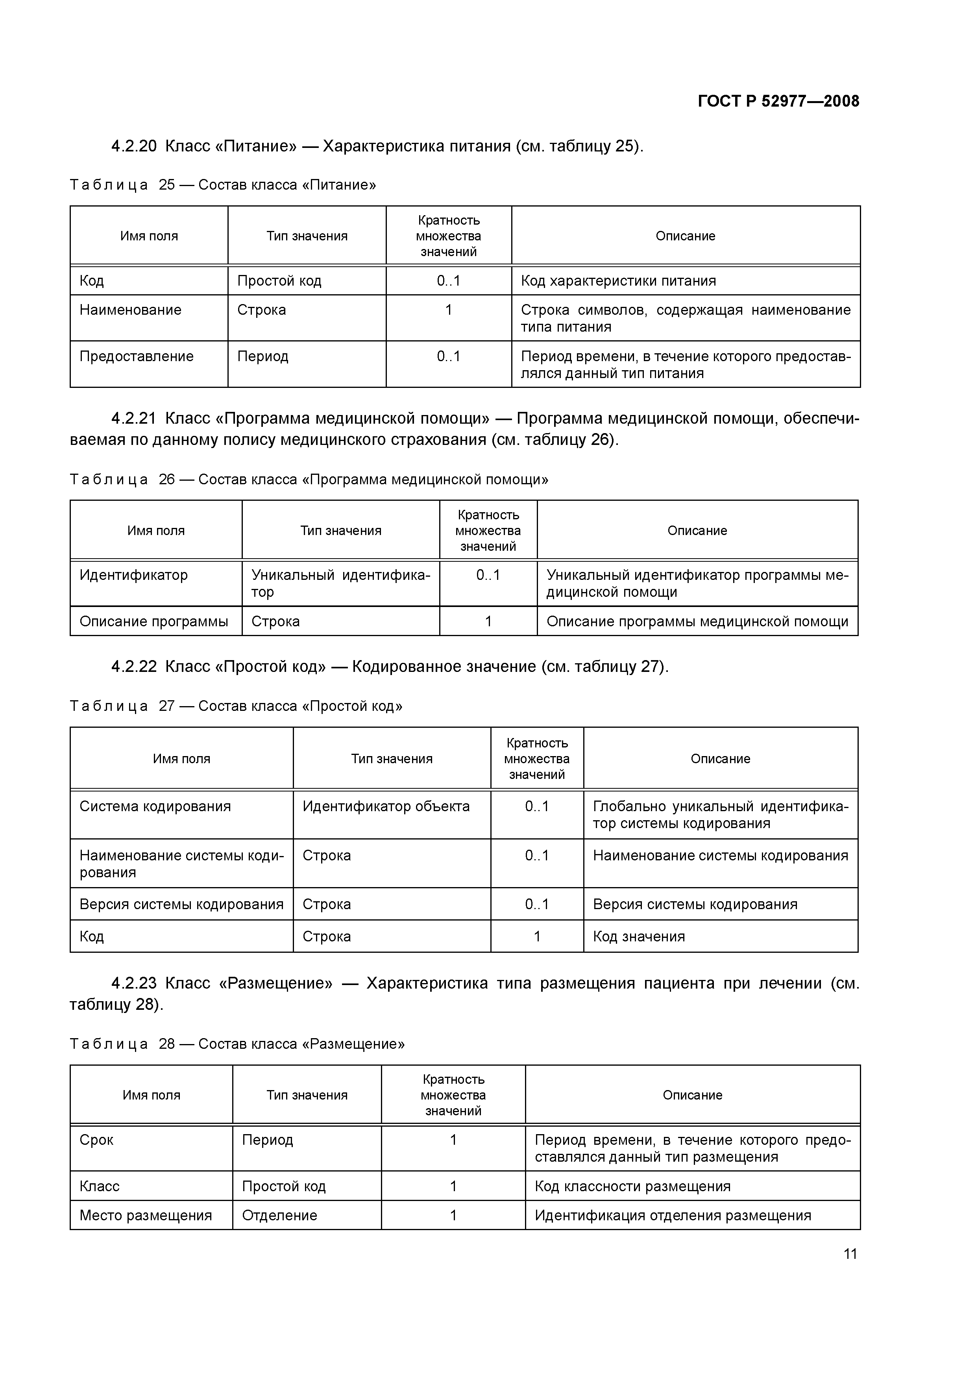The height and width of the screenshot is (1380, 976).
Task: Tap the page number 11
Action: coord(850,1254)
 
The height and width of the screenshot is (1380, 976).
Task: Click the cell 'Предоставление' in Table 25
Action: coord(137,356)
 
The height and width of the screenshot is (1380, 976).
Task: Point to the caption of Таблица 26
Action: coord(309,480)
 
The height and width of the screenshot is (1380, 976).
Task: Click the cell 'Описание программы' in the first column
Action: coord(153,622)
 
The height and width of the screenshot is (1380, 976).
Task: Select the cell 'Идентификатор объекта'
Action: coord(386,806)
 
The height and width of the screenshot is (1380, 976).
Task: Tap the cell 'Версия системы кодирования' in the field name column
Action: coord(181,904)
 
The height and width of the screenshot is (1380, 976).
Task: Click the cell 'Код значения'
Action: coord(639,936)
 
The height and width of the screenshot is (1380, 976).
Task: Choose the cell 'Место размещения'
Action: coord(146,1215)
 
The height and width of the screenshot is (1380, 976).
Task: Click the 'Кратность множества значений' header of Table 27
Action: coord(536,758)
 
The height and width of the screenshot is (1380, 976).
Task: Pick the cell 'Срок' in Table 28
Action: coord(96,1140)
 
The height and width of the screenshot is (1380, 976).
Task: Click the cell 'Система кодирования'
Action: coord(155,806)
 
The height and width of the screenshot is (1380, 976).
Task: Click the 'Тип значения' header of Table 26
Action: coord(340,531)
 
